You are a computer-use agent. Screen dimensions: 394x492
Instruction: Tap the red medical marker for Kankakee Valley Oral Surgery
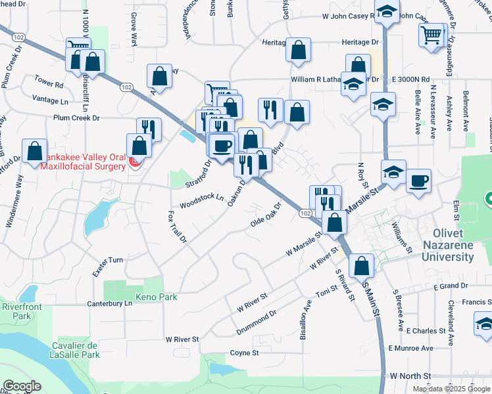pyautogui.click(x=135, y=162)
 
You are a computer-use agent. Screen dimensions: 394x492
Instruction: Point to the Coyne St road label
pyautogui.click(x=245, y=353)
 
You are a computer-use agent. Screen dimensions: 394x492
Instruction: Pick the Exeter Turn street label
pyautogui.click(x=107, y=260)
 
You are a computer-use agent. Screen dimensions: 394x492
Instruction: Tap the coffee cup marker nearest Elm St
pyautogui.click(x=418, y=181)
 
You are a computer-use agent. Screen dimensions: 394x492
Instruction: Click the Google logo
pyautogui.click(x=22, y=386)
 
